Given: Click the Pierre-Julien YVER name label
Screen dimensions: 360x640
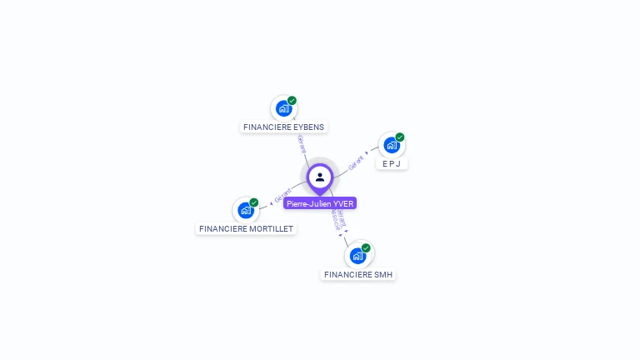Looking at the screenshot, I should point(320,203).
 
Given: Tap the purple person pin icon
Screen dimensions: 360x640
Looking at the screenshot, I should point(320,177).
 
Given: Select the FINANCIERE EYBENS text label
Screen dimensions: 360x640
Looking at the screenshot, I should point(284,127).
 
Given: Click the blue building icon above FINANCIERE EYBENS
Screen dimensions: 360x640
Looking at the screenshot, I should point(283,108).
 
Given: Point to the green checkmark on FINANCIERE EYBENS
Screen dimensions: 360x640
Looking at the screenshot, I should point(292,101).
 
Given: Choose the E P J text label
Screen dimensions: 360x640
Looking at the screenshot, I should point(392,164).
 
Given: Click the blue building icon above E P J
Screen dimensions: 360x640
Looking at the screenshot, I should point(391,145).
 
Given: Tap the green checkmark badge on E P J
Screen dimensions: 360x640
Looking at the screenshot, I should point(400,137).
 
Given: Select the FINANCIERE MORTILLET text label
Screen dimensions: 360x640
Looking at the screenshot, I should point(247,228).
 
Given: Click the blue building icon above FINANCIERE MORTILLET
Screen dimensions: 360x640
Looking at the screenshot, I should point(246,210).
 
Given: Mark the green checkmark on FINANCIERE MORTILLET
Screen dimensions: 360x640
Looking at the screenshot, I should point(254,202).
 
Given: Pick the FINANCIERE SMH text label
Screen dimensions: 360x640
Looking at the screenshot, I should point(358,274).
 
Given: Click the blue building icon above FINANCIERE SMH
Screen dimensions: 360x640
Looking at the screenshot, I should point(357,256).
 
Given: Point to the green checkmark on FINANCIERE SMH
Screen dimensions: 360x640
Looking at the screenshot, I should point(366,248).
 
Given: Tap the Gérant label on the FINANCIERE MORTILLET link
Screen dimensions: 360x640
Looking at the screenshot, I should point(282,196).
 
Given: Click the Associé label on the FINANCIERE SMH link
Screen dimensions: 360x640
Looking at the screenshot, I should point(334,219).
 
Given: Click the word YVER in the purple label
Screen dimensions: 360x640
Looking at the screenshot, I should point(343,203).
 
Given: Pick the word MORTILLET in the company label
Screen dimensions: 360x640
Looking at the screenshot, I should point(271,228).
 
